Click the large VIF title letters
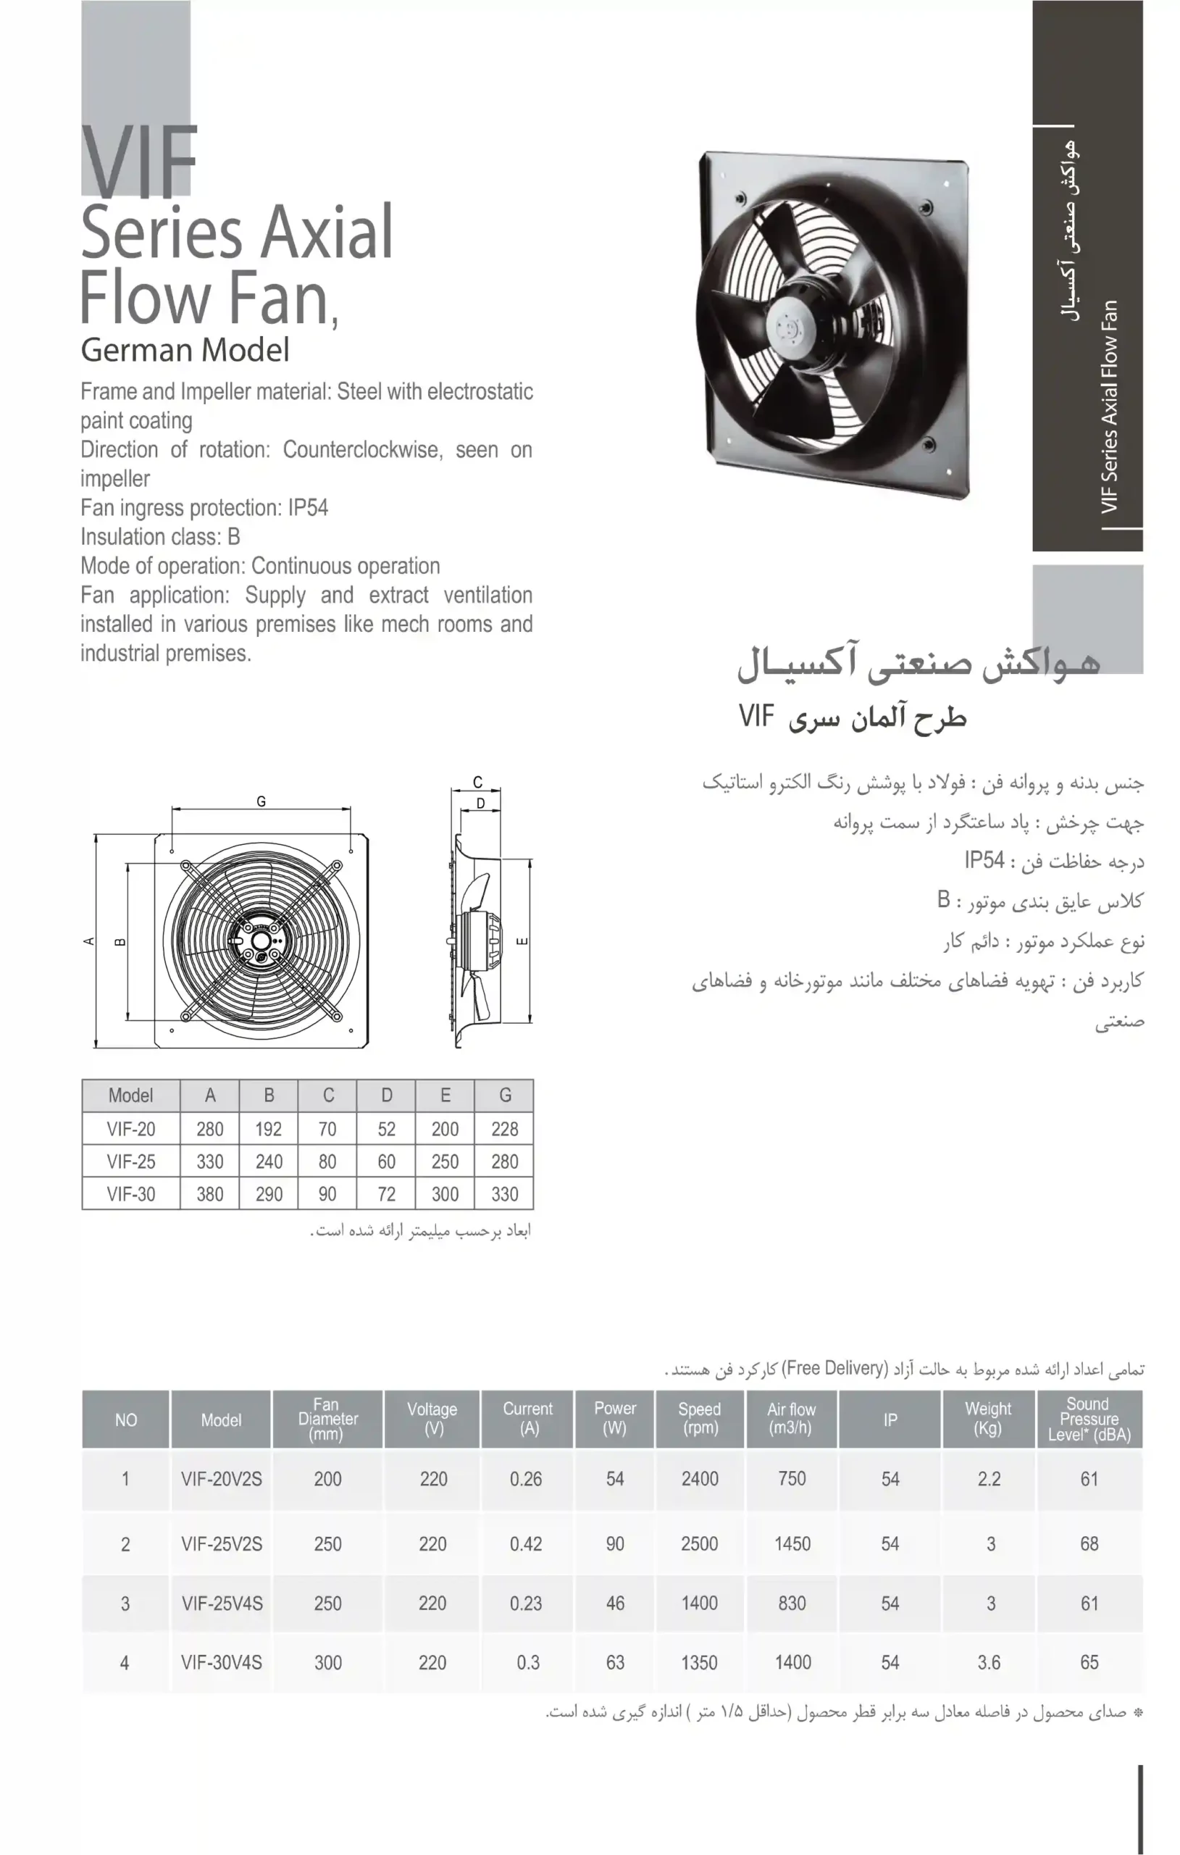(139, 162)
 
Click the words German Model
(185, 351)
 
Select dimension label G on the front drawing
(261, 802)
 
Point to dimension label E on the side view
(522, 941)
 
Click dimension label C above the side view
(477, 783)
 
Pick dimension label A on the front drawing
(88, 941)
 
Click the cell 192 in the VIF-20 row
(269, 1130)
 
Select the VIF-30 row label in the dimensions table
(131, 1194)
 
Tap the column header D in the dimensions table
(387, 1096)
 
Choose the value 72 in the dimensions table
(387, 1194)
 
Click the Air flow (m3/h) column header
(791, 1418)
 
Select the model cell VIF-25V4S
(222, 1603)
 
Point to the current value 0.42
(526, 1543)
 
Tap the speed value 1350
(699, 1662)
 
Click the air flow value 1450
(792, 1543)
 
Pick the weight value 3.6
(989, 1662)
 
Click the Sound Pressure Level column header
(1089, 1419)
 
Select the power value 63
(615, 1662)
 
